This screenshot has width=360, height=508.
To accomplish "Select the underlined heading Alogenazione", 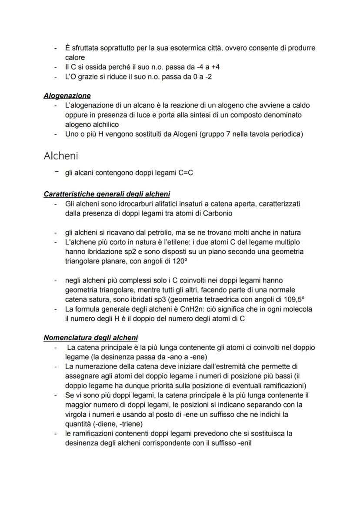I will click(x=67, y=96).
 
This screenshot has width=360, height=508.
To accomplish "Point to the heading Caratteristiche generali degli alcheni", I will click(x=107, y=194).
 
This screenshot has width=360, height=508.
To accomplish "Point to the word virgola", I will click(x=76, y=415).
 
